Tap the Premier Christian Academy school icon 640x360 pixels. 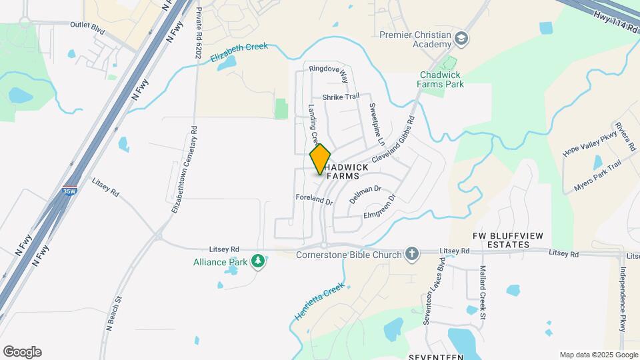[461, 40]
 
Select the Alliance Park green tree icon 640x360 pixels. [258, 263]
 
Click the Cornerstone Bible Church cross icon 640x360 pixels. [413, 254]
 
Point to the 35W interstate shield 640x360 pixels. [69, 190]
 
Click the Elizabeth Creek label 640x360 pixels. [239, 51]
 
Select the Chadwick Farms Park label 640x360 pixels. [441, 80]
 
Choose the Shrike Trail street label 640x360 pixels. [341, 97]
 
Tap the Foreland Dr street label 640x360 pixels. [314, 199]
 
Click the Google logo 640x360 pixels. [22, 351]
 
